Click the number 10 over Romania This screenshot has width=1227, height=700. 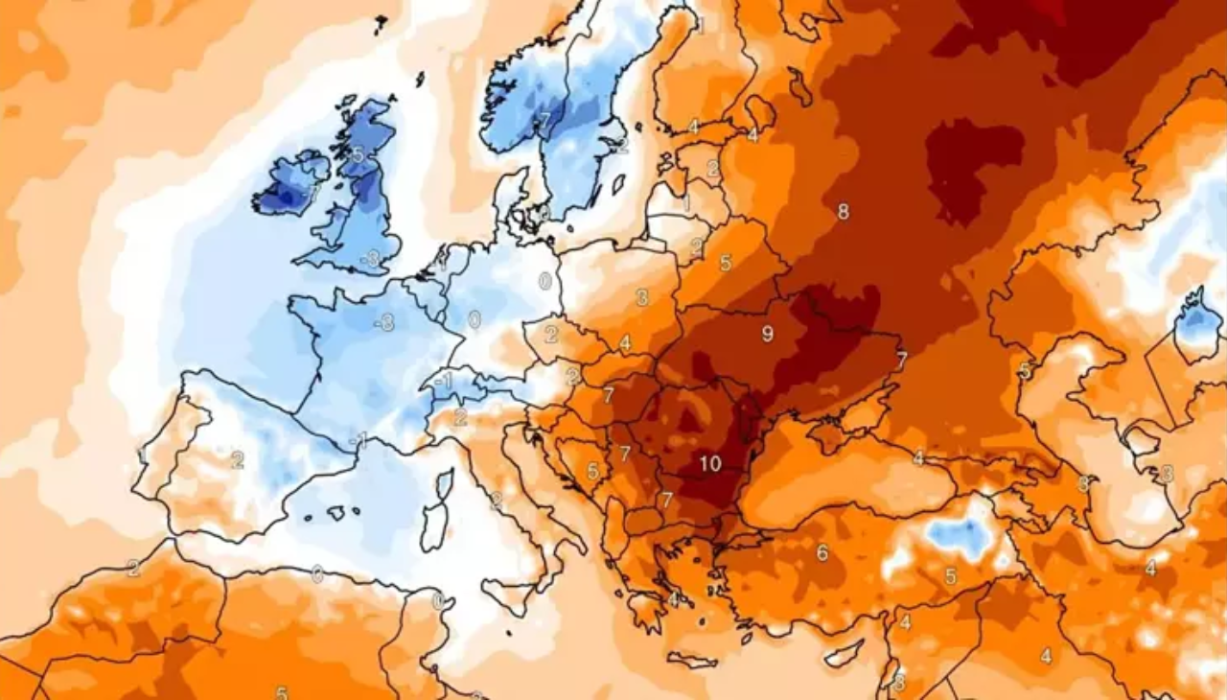click(x=709, y=464)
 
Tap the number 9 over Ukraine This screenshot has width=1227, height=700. click(x=767, y=334)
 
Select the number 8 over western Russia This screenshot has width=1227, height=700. click(x=843, y=212)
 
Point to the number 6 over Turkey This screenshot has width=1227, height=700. click(x=822, y=551)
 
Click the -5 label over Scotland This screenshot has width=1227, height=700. click(x=357, y=154)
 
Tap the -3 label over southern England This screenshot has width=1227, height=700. click(x=370, y=258)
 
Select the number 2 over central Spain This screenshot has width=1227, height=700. click(x=237, y=459)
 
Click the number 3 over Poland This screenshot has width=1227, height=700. click(x=641, y=297)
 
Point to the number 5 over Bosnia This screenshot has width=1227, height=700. click(x=592, y=471)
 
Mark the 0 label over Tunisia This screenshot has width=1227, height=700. click(x=438, y=601)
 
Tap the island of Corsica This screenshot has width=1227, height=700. click(x=444, y=484)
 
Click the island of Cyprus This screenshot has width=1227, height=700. click(x=844, y=653)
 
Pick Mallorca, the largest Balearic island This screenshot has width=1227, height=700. click(x=336, y=513)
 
